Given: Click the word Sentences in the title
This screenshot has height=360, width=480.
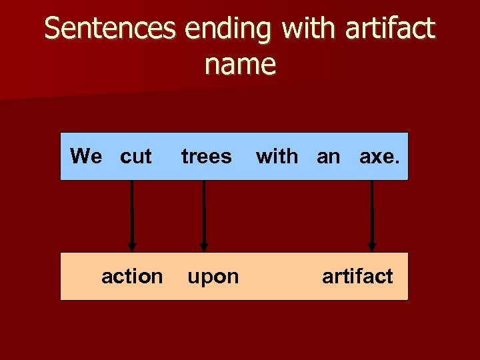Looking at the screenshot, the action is coord(111,29).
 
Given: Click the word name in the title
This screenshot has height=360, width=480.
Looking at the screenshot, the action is coord(240,65).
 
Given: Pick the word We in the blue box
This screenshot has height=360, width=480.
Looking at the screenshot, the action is coord(86,157).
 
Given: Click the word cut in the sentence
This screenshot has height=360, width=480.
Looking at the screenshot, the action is coord(136,157).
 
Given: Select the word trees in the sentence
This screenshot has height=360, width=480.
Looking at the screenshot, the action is coord(206,157).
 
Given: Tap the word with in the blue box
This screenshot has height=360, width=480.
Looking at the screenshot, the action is coord(277,157).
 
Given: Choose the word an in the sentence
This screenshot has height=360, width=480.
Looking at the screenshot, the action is coord(328,157).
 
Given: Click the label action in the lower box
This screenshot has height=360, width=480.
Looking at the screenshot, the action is coord(132,276).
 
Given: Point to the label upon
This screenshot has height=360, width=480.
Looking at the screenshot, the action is coord(213,277).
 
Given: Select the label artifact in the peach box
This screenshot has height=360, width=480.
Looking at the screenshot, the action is coord(357,276).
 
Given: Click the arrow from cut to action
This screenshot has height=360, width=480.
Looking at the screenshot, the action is coord(132,213).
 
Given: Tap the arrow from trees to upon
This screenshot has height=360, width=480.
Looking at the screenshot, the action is coord(203,213).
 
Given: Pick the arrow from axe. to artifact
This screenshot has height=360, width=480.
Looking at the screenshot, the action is coord(372,213).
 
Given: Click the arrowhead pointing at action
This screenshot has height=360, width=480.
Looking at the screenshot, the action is coord(132,245).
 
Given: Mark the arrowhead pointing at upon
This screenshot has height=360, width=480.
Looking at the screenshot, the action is coord(203,245).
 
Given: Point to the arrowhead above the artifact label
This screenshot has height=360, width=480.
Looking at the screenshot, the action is coord(372,245).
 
